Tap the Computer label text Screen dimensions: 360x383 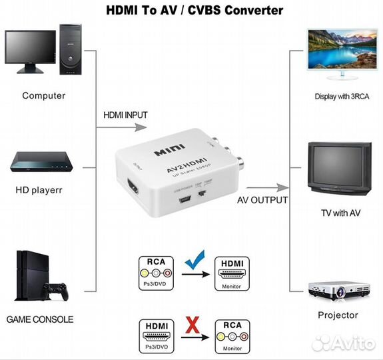pos(44,95)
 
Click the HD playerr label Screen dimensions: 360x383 pos(39,189)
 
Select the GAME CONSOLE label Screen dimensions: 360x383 pos(40,319)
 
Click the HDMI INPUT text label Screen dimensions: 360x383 pos(125,115)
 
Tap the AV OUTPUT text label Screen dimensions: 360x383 pos(261,200)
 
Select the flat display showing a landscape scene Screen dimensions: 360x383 pos(339,51)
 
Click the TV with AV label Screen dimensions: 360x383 pos(339,213)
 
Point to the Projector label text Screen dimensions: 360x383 pos(338,315)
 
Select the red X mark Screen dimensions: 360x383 pos(194,325)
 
